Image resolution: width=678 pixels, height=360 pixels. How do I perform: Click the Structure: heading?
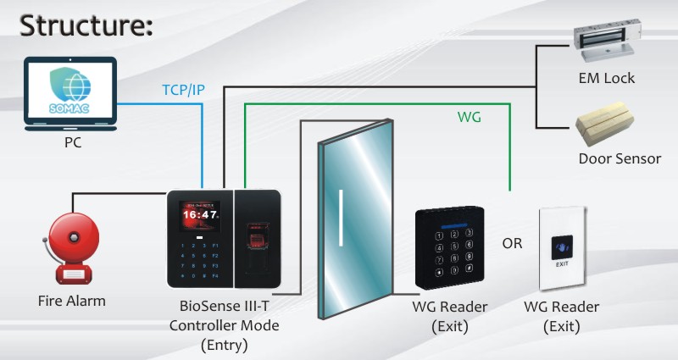86,25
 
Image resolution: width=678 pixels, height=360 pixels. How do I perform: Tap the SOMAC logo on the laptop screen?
69,91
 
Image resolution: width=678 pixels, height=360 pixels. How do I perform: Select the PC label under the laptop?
73,142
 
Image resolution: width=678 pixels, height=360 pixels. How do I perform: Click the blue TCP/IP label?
183,90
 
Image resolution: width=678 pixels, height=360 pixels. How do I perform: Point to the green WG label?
470,117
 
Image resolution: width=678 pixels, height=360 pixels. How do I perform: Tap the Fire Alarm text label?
72,301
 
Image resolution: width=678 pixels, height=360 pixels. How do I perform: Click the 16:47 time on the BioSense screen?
199,215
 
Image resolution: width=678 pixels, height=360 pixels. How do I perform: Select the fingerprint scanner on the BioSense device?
257,247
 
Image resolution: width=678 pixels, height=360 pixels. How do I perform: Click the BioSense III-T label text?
224,306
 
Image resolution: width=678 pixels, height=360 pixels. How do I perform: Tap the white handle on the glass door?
341,218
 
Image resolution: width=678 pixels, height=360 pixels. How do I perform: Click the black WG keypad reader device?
450,248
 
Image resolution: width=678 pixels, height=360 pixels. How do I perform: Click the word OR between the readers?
513,243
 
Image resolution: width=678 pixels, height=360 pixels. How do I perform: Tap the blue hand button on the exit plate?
562,247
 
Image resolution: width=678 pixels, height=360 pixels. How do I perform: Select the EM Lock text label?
607,78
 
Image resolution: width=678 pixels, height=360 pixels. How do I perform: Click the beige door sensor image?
604,124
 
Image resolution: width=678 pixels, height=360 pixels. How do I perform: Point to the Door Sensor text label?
620,158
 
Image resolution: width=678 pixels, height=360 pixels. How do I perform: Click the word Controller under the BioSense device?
203,325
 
